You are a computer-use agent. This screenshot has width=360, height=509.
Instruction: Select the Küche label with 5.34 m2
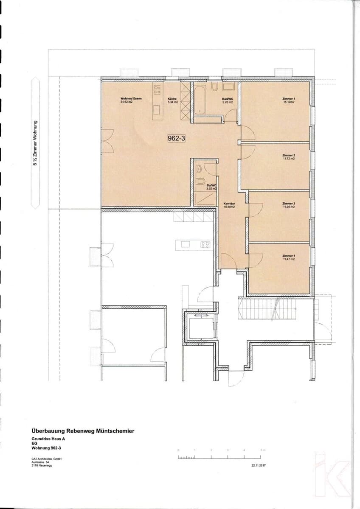(172, 100)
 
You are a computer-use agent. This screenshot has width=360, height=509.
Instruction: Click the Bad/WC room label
(228, 100)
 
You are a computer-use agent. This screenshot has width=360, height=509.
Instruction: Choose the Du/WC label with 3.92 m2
(211, 187)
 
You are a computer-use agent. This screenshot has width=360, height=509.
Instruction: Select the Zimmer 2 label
(288, 157)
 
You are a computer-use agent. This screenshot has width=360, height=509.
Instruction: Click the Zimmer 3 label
(288, 205)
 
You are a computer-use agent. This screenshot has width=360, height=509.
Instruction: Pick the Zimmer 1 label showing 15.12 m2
(288, 100)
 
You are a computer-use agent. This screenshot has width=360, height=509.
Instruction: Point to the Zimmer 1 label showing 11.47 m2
(288, 257)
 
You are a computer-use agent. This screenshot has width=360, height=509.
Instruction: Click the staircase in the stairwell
(259, 310)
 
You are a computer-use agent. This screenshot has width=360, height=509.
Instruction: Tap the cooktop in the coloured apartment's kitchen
(157, 89)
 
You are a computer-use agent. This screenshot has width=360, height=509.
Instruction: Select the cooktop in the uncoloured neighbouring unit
(205, 244)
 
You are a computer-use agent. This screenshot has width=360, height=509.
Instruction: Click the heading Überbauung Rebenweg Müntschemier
(83, 431)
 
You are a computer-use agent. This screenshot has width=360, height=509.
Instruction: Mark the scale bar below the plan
(221, 457)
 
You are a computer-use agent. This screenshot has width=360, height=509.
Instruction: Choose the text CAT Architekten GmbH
(46, 459)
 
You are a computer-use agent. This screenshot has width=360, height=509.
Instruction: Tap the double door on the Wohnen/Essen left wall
(107, 141)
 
